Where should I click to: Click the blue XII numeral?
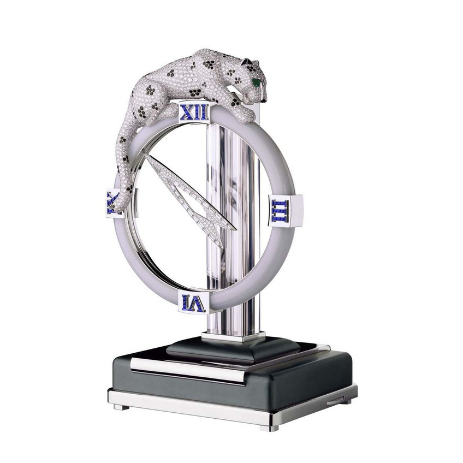coord(194,113)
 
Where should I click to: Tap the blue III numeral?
coord(280,211)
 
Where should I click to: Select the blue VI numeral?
coord(193,302)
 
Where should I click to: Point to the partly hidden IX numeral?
coord(111,201)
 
